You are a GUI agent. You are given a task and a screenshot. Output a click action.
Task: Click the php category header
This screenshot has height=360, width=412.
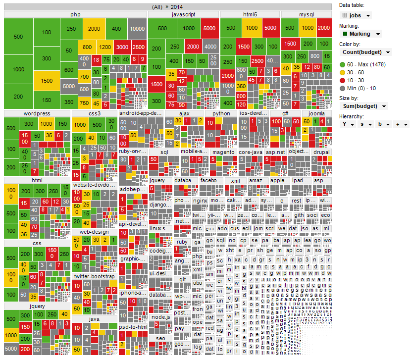point(75,15)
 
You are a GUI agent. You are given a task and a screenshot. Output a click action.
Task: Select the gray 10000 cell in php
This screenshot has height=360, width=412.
point(137,29)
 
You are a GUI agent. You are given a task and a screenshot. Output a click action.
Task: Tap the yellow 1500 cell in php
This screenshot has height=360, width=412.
point(47,81)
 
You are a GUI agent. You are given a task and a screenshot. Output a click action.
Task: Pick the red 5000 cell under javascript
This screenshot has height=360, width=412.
point(209,28)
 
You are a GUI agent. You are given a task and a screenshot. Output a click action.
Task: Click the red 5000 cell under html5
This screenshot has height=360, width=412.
point(270,28)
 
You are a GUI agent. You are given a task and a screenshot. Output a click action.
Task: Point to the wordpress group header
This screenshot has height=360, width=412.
point(37,113)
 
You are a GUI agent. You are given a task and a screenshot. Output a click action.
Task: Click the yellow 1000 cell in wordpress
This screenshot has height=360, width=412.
point(47,124)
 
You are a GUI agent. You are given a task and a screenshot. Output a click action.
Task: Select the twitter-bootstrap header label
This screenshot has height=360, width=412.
point(94,276)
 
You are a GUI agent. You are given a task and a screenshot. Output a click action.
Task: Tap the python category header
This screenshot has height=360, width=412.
point(221,113)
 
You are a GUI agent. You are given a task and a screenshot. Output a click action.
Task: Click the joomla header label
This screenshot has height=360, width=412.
point(316,113)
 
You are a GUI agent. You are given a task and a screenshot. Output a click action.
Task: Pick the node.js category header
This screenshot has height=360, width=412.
point(160,317)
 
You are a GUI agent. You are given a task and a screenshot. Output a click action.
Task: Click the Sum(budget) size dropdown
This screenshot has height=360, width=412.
point(363,106)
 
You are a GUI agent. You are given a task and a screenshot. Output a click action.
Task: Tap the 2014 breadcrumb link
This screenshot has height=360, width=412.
point(178,6)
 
